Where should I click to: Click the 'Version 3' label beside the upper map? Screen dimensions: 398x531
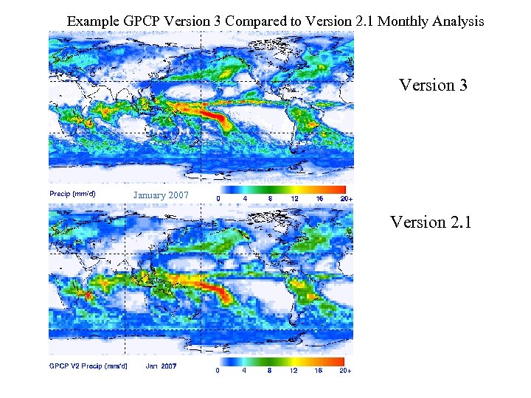(x=433, y=85)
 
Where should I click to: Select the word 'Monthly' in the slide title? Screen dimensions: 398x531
(x=404, y=21)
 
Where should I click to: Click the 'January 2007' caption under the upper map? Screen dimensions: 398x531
(x=161, y=195)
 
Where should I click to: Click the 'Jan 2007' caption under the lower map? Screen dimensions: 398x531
(x=162, y=366)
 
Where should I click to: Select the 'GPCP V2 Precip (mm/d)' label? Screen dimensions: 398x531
(x=88, y=366)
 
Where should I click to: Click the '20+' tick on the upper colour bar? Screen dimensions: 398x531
(x=346, y=198)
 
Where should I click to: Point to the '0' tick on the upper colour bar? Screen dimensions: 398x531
(x=218, y=198)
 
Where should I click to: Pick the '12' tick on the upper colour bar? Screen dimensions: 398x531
(x=294, y=198)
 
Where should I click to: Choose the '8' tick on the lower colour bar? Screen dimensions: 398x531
(x=269, y=371)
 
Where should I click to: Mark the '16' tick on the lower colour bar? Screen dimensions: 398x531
(x=319, y=371)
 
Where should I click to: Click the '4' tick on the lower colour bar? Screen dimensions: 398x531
(x=243, y=371)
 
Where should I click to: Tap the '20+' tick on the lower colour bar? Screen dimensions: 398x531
(x=345, y=371)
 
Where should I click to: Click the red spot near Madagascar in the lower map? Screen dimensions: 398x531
(x=87, y=295)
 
